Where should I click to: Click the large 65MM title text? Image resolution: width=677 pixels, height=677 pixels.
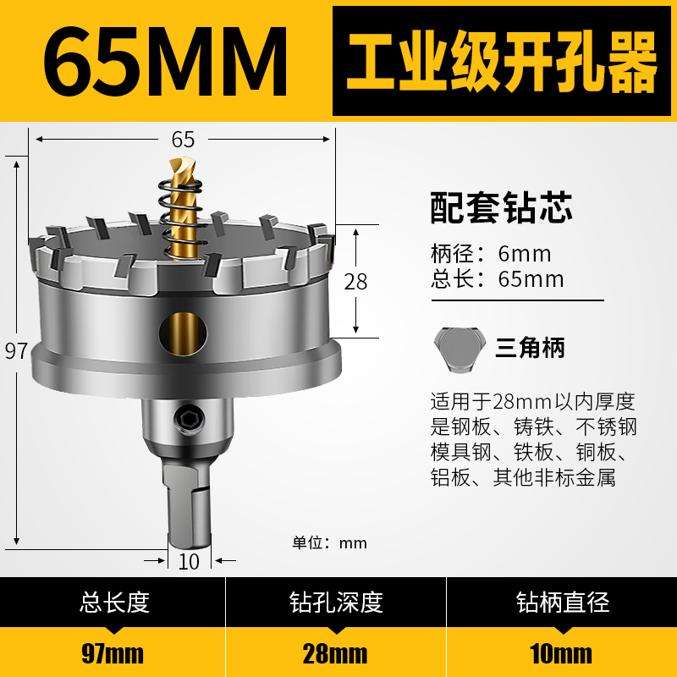point(165,60)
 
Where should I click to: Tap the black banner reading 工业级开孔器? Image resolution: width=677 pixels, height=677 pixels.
point(503,60)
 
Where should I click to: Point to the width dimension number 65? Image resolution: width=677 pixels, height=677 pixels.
point(183,140)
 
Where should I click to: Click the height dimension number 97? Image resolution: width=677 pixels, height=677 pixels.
point(16,351)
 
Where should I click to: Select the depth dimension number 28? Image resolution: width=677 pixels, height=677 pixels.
point(356,281)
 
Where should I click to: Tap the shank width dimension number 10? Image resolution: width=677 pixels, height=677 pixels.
point(189,561)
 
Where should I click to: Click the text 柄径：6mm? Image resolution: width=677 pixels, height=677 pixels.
point(491,254)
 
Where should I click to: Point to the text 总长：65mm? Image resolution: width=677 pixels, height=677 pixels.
point(497,279)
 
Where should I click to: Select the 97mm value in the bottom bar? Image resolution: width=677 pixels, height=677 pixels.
point(114,653)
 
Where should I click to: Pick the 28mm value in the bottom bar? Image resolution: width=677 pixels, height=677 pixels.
point(336,653)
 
